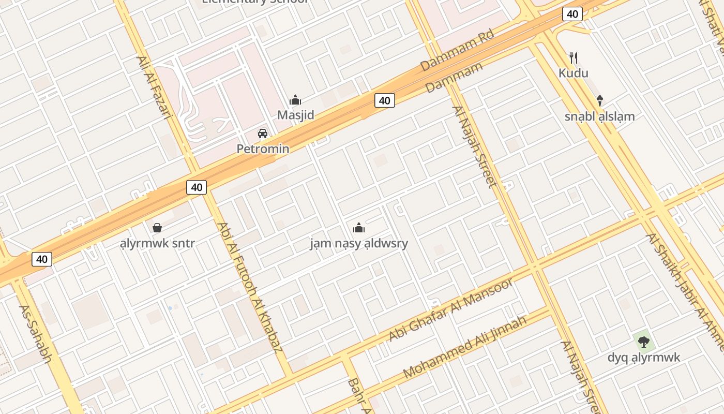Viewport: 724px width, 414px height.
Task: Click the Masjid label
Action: point(295,115)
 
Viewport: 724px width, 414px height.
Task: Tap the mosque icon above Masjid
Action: point(295,100)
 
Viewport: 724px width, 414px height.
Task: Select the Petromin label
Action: point(263,149)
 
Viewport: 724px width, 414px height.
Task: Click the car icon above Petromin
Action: point(263,134)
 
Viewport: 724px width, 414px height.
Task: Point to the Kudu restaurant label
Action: point(573,73)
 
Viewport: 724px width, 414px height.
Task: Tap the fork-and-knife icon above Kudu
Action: point(573,57)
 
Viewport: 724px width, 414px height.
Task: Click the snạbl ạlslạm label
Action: point(599,116)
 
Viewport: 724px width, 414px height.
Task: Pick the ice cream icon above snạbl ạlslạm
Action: point(600,100)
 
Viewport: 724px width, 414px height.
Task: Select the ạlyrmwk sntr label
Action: point(157,243)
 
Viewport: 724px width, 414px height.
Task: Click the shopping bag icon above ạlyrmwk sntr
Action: point(157,228)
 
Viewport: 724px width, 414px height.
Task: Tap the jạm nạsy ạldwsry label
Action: point(359,243)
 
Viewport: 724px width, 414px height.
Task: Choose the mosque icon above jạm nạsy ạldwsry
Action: point(359,228)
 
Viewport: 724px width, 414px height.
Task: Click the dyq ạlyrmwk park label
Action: point(643,358)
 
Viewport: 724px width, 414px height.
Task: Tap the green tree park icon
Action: point(643,342)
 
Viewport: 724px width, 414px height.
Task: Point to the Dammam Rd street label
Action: point(457,50)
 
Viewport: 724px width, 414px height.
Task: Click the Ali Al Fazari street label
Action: point(154,87)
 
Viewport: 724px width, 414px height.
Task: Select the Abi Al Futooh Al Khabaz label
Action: point(250,287)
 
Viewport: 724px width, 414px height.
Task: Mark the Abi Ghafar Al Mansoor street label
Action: point(450,309)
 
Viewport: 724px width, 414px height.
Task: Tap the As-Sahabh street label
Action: point(36,333)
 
